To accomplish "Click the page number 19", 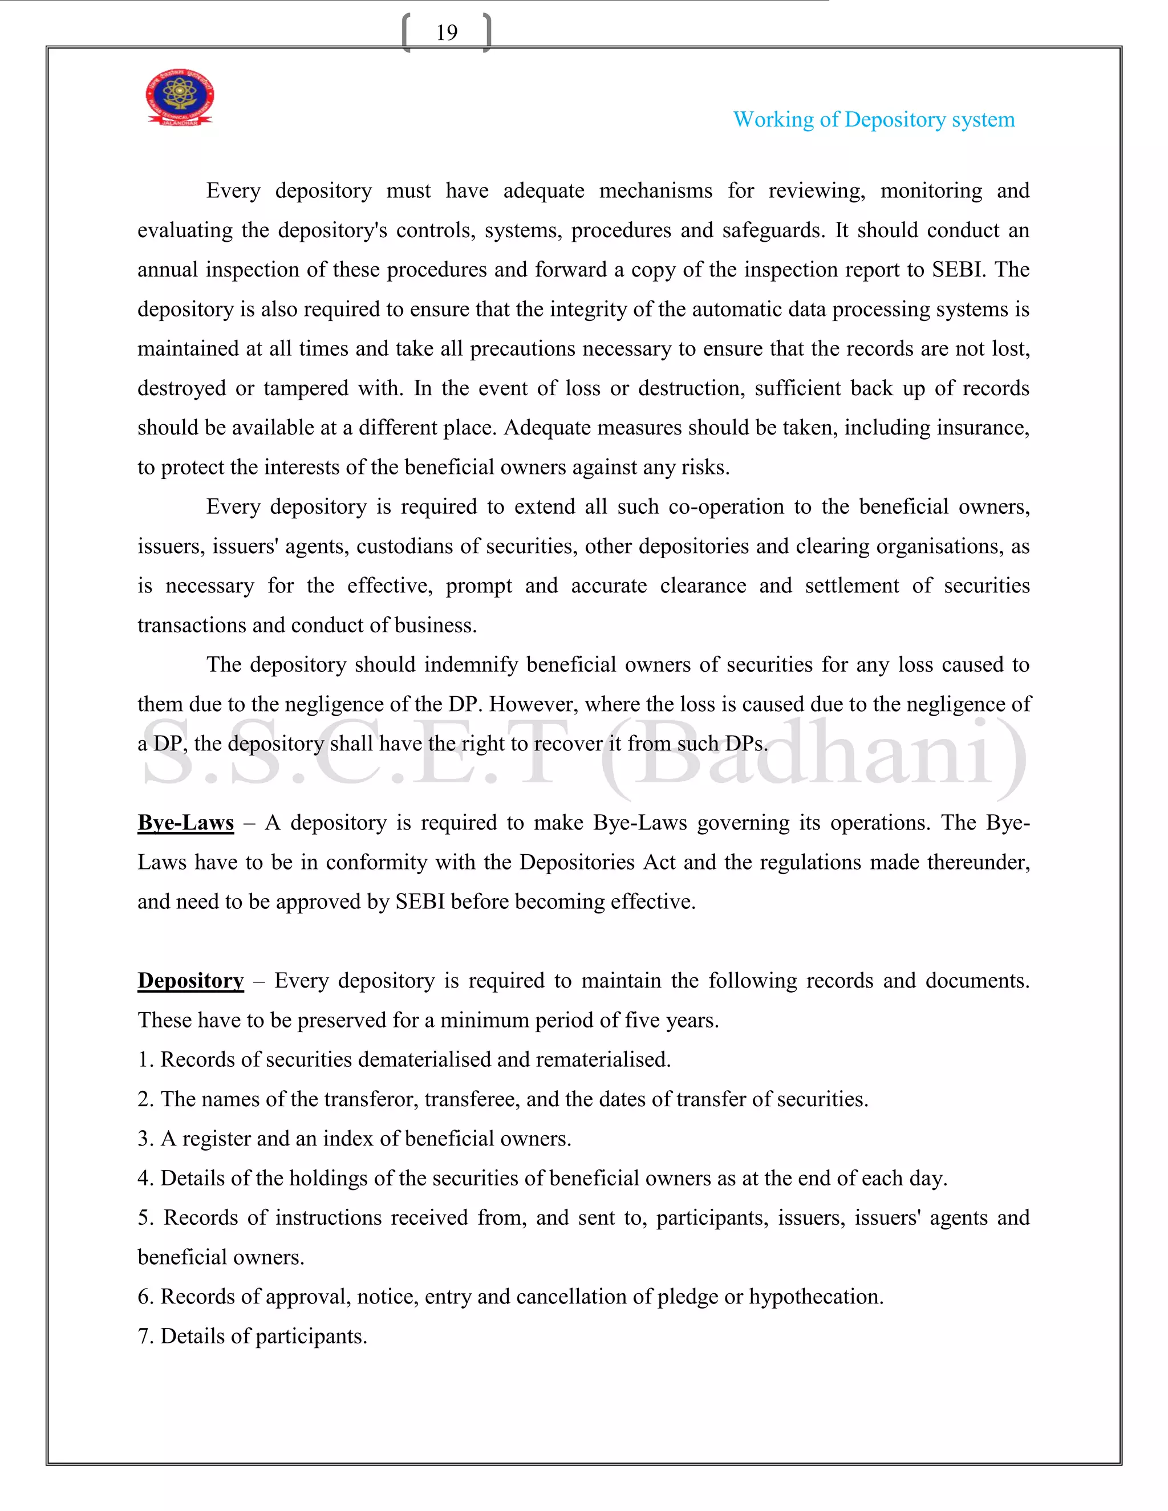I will (x=447, y=33).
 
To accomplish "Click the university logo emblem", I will (x=179, y=98).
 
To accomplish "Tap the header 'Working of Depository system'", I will (x=873, y=120).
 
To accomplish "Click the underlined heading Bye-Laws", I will (x=185, y=823).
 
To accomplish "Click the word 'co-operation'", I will (x=726, y=507).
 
